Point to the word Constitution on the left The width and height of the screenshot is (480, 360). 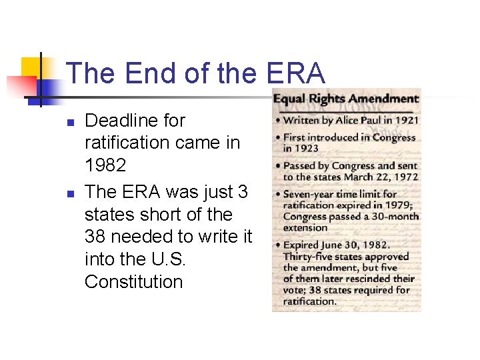coord(133,282)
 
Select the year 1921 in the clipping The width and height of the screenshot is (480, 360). coord(406,121)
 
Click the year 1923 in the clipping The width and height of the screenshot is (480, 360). coord(307,148)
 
